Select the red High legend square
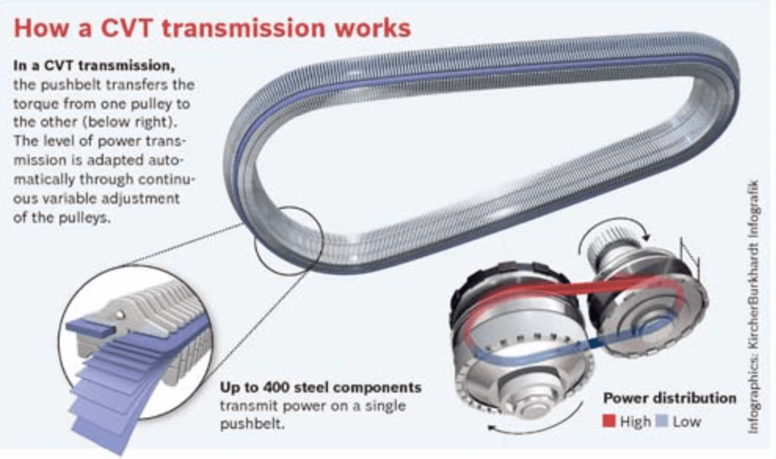[609, 421]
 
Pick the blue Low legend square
[662, 421]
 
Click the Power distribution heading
[670, 398]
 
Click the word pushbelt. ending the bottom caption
[252, 424]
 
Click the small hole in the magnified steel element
[120, 314]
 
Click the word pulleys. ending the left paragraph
[80, 217]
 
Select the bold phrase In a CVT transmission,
[94, 65]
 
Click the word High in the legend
[636, 421]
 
